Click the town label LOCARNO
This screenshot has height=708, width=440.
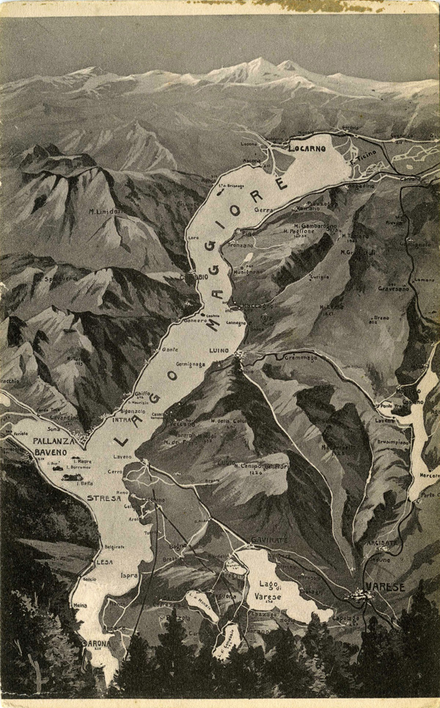point(307,148)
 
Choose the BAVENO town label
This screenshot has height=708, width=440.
point(50,453)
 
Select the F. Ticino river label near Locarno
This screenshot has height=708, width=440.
point(364,157)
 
